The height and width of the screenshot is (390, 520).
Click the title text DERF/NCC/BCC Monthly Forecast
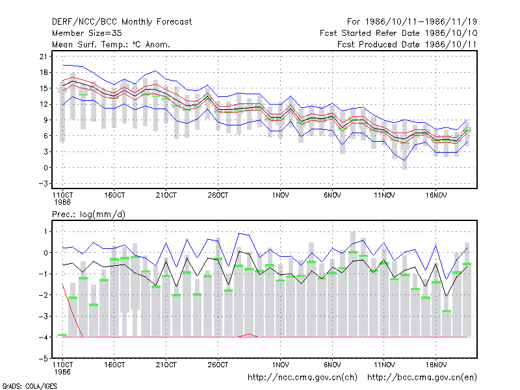pyautogui.click(x=122, y=22)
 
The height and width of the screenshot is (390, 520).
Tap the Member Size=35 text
pyautogui.click(x=87, y=33)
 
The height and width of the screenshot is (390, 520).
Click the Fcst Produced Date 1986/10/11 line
pyautogui.click(x=407, y=44)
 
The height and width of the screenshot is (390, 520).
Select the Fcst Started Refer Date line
pyautogui.click(x=398, y=33)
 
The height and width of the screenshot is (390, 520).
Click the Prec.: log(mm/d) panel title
pyautogui.click(x=88, y=214)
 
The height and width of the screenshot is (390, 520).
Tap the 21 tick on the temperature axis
pyautogui.click(x=44, y=57)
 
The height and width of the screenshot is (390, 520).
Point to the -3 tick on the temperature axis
pyautogui.click(x=44, y=183)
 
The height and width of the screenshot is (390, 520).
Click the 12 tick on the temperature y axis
pyautogui.click(x=44, y=104)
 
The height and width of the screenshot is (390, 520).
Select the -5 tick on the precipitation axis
pyautogui.click(x=44, y=358)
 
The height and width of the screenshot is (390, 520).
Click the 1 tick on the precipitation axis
pyautogui.click(x=45, y=231)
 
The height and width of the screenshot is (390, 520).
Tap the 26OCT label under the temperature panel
pyautogui.click(x=218, y=195)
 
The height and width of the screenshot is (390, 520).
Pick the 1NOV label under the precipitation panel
pyautogui.click(x=281, y=365)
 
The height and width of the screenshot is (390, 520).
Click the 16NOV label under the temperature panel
pyautogui.click(x=436, y=195)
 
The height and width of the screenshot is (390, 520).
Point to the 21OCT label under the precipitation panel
pyautogui.click(x=166, y=365)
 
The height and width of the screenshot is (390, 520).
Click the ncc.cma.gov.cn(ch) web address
pyautogui.click(x=302, y=378)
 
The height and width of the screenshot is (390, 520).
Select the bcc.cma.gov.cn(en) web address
pyautogui.click(x=422, y=378)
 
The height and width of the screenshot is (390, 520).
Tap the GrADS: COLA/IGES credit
pyautogui.click(x=29, y=386)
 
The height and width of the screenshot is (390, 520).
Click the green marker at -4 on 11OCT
pyautogui.click(x=62, y=335)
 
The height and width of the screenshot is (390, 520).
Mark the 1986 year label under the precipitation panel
pyautogui.click(x=62, y=372)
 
